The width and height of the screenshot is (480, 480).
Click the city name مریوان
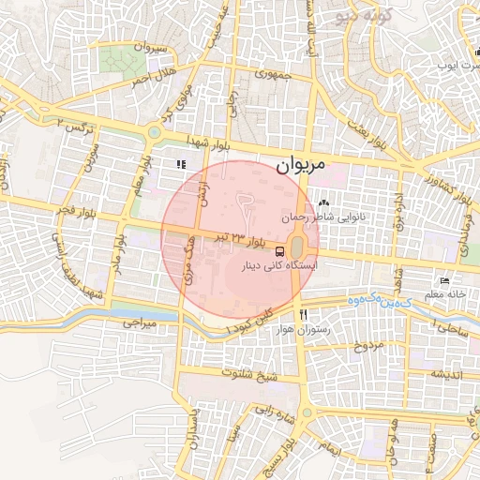coord(302,164)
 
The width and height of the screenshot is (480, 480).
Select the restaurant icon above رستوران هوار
coord(303,314)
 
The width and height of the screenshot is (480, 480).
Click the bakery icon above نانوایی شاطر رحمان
coord(324,202)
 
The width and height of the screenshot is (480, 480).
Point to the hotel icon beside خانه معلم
coord(444,281)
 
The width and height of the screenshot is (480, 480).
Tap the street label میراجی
coord(136,322)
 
